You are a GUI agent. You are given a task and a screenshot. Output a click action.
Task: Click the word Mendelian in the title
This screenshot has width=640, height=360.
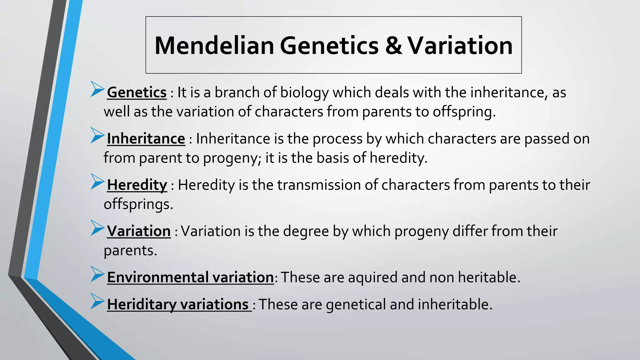214,46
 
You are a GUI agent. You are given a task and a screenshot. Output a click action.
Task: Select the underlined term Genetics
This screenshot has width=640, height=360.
137,92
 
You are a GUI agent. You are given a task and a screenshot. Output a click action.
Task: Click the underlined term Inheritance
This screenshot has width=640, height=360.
146,139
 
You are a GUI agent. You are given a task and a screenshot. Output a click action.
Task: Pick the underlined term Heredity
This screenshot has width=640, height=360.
137,185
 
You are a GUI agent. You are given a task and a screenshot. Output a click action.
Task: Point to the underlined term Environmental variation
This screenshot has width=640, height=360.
190,277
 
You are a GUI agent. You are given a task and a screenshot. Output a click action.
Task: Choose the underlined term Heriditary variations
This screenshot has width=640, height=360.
178,304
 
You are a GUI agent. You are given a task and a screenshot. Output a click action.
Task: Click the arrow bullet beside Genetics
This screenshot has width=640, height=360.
97,89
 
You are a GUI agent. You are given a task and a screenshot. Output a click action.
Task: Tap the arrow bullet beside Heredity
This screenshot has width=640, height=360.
97,182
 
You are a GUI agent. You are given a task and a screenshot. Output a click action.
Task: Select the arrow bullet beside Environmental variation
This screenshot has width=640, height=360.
97,274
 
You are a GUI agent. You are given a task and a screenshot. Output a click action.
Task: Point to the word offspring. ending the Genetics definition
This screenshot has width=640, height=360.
464,112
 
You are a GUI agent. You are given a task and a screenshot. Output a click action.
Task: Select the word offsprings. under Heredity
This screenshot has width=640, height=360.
138,204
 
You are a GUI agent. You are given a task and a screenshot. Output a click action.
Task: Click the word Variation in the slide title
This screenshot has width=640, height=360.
460,46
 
